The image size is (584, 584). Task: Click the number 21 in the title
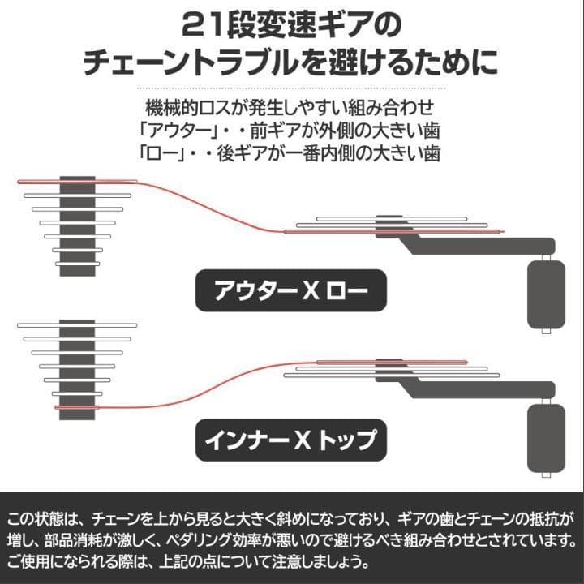204,25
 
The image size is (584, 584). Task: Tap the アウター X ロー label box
291,290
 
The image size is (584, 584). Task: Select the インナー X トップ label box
291,441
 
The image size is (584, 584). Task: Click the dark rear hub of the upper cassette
78,225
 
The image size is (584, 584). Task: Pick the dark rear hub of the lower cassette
78,368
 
